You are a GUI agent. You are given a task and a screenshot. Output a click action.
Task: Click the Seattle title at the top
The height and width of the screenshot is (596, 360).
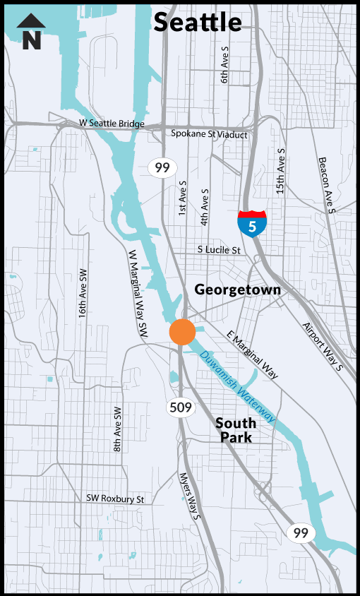coord(198,22)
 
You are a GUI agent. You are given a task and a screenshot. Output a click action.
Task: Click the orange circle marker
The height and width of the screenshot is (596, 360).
coord(182,331)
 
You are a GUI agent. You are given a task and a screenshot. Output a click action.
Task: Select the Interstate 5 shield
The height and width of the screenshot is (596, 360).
coord(252,223)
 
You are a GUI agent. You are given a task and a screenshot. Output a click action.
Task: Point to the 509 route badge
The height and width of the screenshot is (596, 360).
coord(180,407)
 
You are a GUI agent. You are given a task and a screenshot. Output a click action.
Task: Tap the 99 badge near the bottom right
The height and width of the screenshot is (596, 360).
coord(300,533)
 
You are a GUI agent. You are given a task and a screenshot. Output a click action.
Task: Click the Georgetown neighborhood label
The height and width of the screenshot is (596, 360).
coord(237,290)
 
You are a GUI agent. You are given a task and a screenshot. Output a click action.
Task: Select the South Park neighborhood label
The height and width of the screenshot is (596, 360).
coord(234,430)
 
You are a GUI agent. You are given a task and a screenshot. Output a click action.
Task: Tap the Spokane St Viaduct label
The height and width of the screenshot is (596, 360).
coord(210,133)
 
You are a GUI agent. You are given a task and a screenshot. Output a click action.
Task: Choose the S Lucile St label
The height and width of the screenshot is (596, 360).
coord(219,250)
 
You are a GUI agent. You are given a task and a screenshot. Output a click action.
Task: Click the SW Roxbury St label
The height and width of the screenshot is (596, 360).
coord(115,499)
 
